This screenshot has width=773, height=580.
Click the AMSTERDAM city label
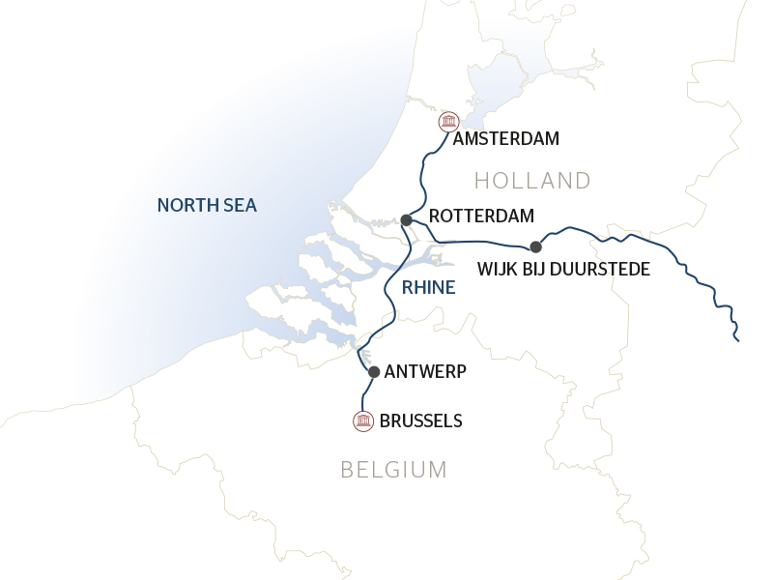(506, 138)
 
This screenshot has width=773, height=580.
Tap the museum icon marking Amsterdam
(447, 121)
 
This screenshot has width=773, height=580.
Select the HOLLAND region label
(532, 181)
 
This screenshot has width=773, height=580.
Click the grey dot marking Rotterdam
(407, 220)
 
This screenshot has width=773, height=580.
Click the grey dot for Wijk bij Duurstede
(535, 246)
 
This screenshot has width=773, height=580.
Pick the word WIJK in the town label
(498, 268)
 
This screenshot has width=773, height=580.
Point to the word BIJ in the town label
(537, 268)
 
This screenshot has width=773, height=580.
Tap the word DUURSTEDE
(604, 268)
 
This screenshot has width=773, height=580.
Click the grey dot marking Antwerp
(374, 371)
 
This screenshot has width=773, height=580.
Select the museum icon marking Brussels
(363, 420)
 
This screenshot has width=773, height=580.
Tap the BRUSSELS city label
(421, 420)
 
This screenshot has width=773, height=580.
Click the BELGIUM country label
(393, 471)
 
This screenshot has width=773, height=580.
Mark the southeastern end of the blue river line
(738, 340)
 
